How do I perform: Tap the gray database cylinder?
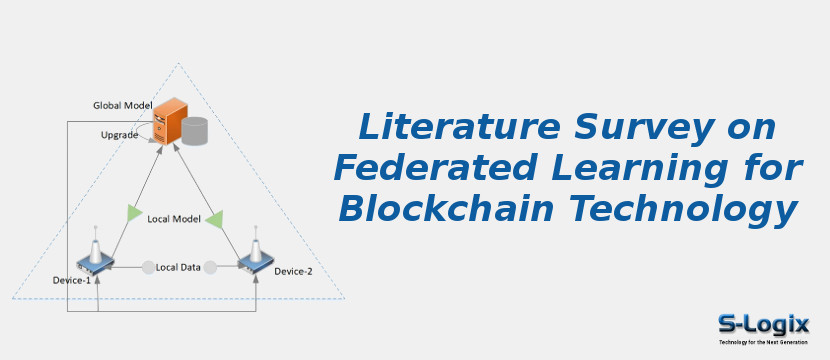pos(194,131)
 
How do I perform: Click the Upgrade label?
pos(119,135)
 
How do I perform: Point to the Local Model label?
pos(174,219)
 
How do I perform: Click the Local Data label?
pos(179,267)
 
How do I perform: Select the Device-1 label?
pos(72,281)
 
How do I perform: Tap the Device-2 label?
pos(294,272)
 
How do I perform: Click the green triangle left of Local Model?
pos(134,213)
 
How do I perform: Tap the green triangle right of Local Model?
pos(213,217)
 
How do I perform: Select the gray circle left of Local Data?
pos(148,267)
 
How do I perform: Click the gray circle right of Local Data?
pos(211,267)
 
